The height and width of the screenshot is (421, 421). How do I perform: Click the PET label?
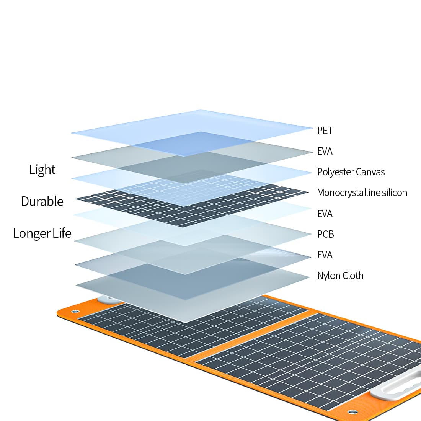coord(325,131)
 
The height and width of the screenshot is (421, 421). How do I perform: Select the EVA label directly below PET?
coord(325,151)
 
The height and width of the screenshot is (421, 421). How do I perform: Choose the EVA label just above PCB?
coord(325,214)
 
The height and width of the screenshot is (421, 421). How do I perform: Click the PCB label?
coord(326,234)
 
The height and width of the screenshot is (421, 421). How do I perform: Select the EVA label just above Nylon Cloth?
coord(325,255)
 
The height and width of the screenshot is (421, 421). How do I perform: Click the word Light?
coord(42,170)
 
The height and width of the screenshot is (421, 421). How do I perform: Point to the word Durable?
coord(42,201)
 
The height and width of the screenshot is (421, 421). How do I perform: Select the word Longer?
coord(31,233)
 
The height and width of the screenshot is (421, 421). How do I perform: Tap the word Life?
coord(62,233)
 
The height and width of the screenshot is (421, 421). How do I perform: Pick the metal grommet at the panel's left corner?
coord(75,312)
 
